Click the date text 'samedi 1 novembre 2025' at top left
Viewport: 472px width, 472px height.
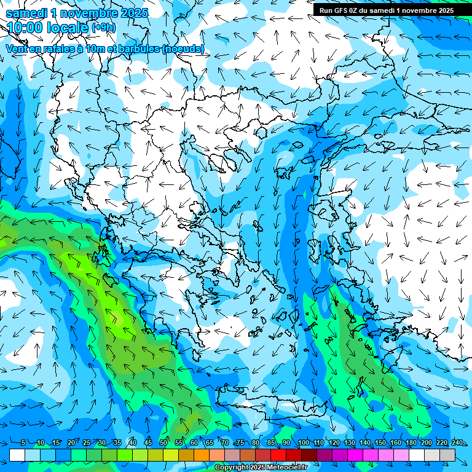pos(77,13)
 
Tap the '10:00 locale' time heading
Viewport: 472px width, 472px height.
pos(49,27)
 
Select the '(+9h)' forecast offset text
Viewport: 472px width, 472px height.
pos(103,27)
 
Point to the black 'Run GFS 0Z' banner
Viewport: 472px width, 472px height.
pos(384,10)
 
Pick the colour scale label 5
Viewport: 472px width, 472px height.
pos(23,443)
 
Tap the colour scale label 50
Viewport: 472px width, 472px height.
pos(163,443)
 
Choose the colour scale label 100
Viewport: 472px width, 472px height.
pos(303,443)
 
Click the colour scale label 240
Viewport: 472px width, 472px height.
pos(457,443)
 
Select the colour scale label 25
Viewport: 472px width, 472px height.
pos(86,443)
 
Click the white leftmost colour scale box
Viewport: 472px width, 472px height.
pos(17,455)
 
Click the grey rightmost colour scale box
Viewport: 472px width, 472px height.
pos(447,455)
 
